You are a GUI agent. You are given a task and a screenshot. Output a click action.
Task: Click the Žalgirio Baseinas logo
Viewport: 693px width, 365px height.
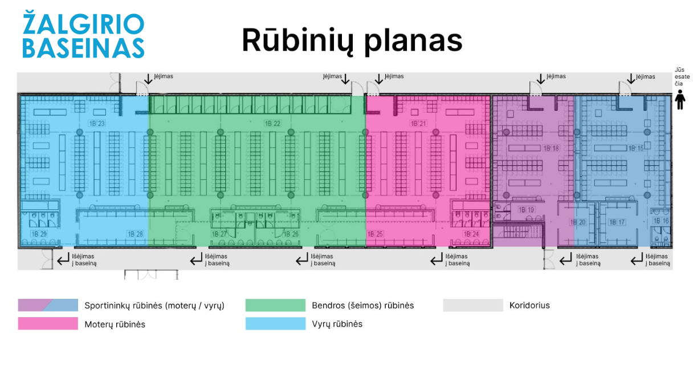(83, 35)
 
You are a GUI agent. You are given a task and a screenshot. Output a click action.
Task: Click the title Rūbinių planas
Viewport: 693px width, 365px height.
(352, 40)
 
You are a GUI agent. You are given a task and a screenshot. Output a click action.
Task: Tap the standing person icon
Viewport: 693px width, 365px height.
(680, 99)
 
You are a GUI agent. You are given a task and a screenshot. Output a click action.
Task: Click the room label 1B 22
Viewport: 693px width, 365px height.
(272, 124)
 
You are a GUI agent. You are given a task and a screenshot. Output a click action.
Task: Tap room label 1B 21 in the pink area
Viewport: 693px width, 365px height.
(418, 124)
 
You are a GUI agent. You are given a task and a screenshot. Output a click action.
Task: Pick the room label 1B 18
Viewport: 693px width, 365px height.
(551, 148)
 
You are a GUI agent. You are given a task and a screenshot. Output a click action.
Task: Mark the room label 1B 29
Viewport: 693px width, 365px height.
(39, 234)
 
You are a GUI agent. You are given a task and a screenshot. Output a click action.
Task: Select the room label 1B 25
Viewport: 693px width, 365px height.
(376, 234)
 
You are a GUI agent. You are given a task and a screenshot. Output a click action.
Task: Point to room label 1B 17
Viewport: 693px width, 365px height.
(618, 222)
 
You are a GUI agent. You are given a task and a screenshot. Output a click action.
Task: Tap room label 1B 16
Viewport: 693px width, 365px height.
(661, 221)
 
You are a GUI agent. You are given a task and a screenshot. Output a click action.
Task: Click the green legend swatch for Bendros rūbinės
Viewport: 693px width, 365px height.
(275, 305)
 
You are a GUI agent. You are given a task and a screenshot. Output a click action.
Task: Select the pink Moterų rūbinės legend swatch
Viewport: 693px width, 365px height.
(48, 324)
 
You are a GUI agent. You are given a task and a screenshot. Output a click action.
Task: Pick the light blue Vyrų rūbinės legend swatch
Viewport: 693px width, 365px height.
(275, 324)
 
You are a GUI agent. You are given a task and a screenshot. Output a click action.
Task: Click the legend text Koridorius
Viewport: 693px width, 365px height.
(529, 305)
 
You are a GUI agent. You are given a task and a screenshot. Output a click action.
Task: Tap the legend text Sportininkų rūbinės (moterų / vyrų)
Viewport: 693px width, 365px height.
(154, 305)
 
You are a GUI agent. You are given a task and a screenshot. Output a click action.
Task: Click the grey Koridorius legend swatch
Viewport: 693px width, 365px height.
(473, 305)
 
